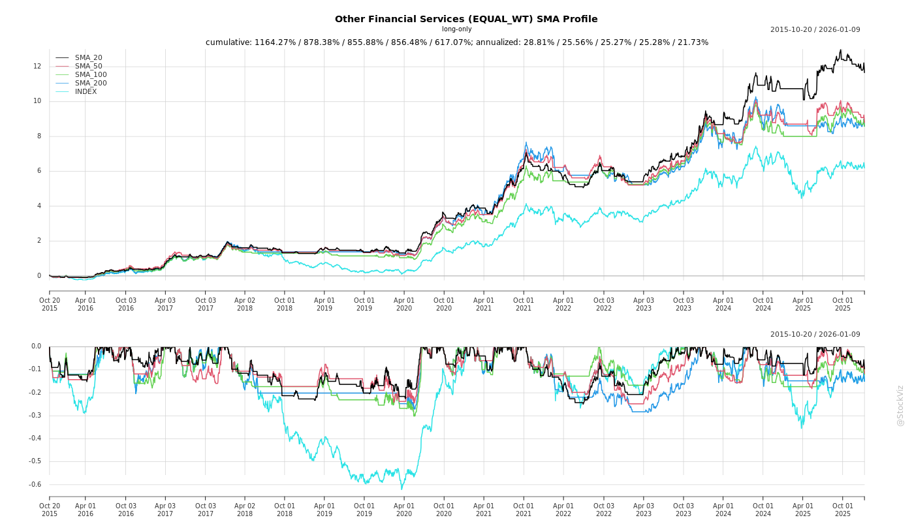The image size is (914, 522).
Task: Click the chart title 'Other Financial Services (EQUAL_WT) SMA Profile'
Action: [x=465, y=19]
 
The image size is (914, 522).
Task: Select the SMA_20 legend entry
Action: [x=88, y=58]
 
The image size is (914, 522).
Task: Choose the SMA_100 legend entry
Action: [x=91, y=75]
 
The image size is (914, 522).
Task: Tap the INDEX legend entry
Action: [x=86, y=92]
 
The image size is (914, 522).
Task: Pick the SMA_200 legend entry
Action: [x=91, y=84]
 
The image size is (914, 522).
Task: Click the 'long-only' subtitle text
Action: [x=456, y=29]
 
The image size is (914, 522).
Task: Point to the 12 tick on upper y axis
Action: [x=37, y=67]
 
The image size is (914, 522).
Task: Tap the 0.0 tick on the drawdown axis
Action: [x=35, y=346]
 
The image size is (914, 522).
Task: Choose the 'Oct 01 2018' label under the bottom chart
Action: [x=285, y=510]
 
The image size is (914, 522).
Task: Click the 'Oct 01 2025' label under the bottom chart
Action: [x=843, y=510]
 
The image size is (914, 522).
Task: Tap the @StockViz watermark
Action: [x=900, y=405]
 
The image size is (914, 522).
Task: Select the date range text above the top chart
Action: [x=815, y=30]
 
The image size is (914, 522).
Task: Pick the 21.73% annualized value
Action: [x=693, y=42]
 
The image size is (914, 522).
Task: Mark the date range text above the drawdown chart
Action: [x=815, y=335]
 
